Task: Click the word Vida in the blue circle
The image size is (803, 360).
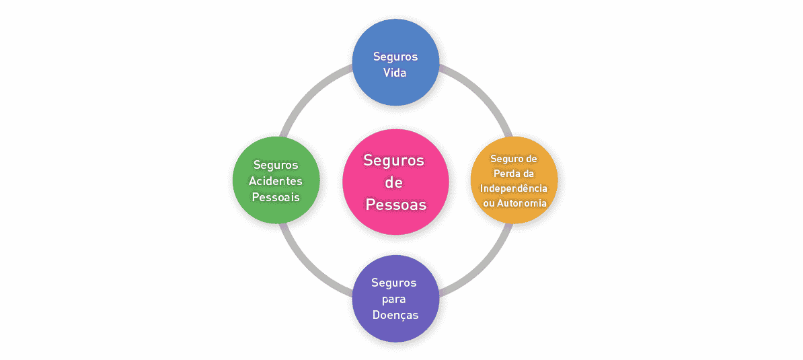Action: pos(395,72)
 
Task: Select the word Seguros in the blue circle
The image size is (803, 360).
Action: pos(395,57)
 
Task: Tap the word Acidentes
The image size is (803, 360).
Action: pos(276,181)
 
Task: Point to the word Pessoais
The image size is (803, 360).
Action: pos(276,197)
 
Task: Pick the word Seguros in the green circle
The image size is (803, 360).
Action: pos(276,165)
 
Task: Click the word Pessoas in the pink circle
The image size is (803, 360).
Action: pos(396,205)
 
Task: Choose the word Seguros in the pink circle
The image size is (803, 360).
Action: pos(394,160)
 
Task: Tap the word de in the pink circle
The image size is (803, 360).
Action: pos(394,182)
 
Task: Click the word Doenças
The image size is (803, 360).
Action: pos(395,314)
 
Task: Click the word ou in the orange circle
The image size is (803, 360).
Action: pos(489,202)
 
